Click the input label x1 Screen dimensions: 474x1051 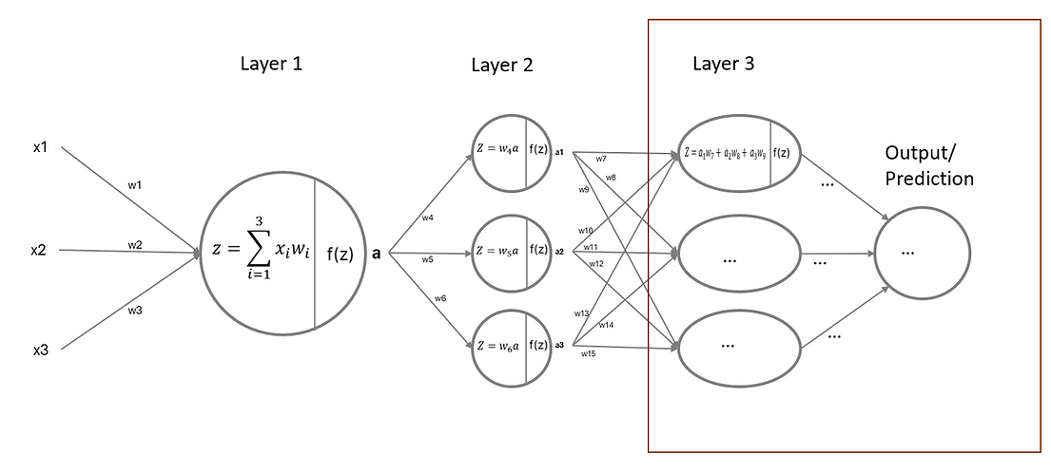click(39, 148)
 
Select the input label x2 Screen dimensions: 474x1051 click(39, 250)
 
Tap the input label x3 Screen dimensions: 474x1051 click(40, 351)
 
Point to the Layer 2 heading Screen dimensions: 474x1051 click(502, 66)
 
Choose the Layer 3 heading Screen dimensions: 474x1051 click(724, 65)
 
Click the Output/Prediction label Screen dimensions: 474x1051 click(928, 165)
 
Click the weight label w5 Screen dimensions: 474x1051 click(428, 258)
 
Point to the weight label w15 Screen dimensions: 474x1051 click(589, 354)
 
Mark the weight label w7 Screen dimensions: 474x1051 click(601, 159)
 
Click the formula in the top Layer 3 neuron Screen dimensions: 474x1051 click(725, 152)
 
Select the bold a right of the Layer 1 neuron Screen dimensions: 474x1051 click(377, 256)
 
